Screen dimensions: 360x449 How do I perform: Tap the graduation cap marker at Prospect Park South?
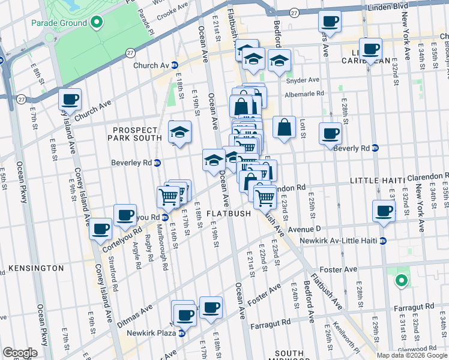click(179, 133)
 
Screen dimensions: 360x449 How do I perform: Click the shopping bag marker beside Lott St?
click(284, 127)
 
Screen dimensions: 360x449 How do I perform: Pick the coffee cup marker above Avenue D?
click(384, 211)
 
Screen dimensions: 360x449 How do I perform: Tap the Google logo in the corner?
click(20, 353)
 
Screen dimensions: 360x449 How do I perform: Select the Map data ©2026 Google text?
click(412, 355)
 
